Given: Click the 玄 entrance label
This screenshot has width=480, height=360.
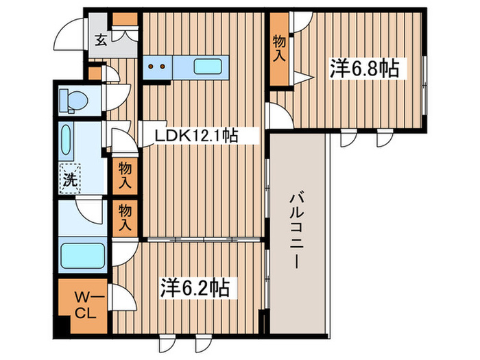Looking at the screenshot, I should pyautogui.click(x=100, y=40).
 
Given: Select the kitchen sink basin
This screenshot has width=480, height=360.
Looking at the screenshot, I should pyautogui.click(x=208, y=67).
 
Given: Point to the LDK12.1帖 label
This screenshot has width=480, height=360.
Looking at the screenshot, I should pyautogui.click(x=195, y=135).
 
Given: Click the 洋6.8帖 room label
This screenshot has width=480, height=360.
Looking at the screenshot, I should pyautogui.click(x=364, y=69).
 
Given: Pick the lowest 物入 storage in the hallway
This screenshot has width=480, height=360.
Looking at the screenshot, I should pyautogui.click(x=125, y=215).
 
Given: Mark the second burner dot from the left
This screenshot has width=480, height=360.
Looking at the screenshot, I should pyautogui.click(x=163, y=67).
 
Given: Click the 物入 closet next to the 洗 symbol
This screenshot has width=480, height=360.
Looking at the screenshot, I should pyautogui.click(x=125, y=174).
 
